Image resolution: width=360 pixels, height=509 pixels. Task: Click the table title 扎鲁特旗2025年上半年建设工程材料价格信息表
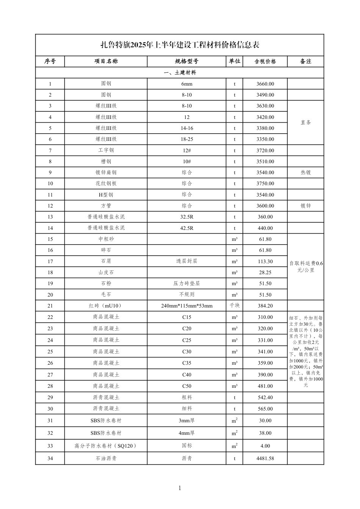coord(180,45)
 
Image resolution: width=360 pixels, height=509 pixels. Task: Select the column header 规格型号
coord(186,61)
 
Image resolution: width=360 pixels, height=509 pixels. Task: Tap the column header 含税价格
coord(265,61)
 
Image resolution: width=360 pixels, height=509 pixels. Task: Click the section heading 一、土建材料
coord(180,72)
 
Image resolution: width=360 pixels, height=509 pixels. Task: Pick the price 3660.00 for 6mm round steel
coord(265,84)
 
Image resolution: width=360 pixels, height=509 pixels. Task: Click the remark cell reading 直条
coord(305,123)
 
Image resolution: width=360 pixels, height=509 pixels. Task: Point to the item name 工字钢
coord(106,150)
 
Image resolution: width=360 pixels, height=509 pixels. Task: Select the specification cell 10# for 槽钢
coord(186,161)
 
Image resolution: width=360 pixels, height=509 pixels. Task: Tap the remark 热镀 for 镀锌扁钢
coord(305,172)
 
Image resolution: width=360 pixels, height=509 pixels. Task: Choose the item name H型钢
coord(106,195)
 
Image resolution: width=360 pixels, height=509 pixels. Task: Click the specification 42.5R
coord(186,228)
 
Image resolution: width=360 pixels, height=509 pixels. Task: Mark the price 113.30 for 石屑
coord(265,261)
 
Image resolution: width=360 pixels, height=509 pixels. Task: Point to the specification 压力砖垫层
coord(186,283)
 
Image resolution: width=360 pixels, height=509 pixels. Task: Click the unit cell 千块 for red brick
coord(234,306)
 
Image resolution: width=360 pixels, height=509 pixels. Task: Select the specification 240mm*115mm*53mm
coord(186,306)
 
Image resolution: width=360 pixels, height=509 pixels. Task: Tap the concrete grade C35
coord(186,363)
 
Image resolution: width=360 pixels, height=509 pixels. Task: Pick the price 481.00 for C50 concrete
coord(265,386)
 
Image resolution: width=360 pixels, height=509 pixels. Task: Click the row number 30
coord(50,409)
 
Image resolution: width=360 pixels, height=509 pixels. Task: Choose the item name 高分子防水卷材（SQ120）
coord(106,446)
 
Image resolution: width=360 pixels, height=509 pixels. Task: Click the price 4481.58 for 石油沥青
coord(265,458)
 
